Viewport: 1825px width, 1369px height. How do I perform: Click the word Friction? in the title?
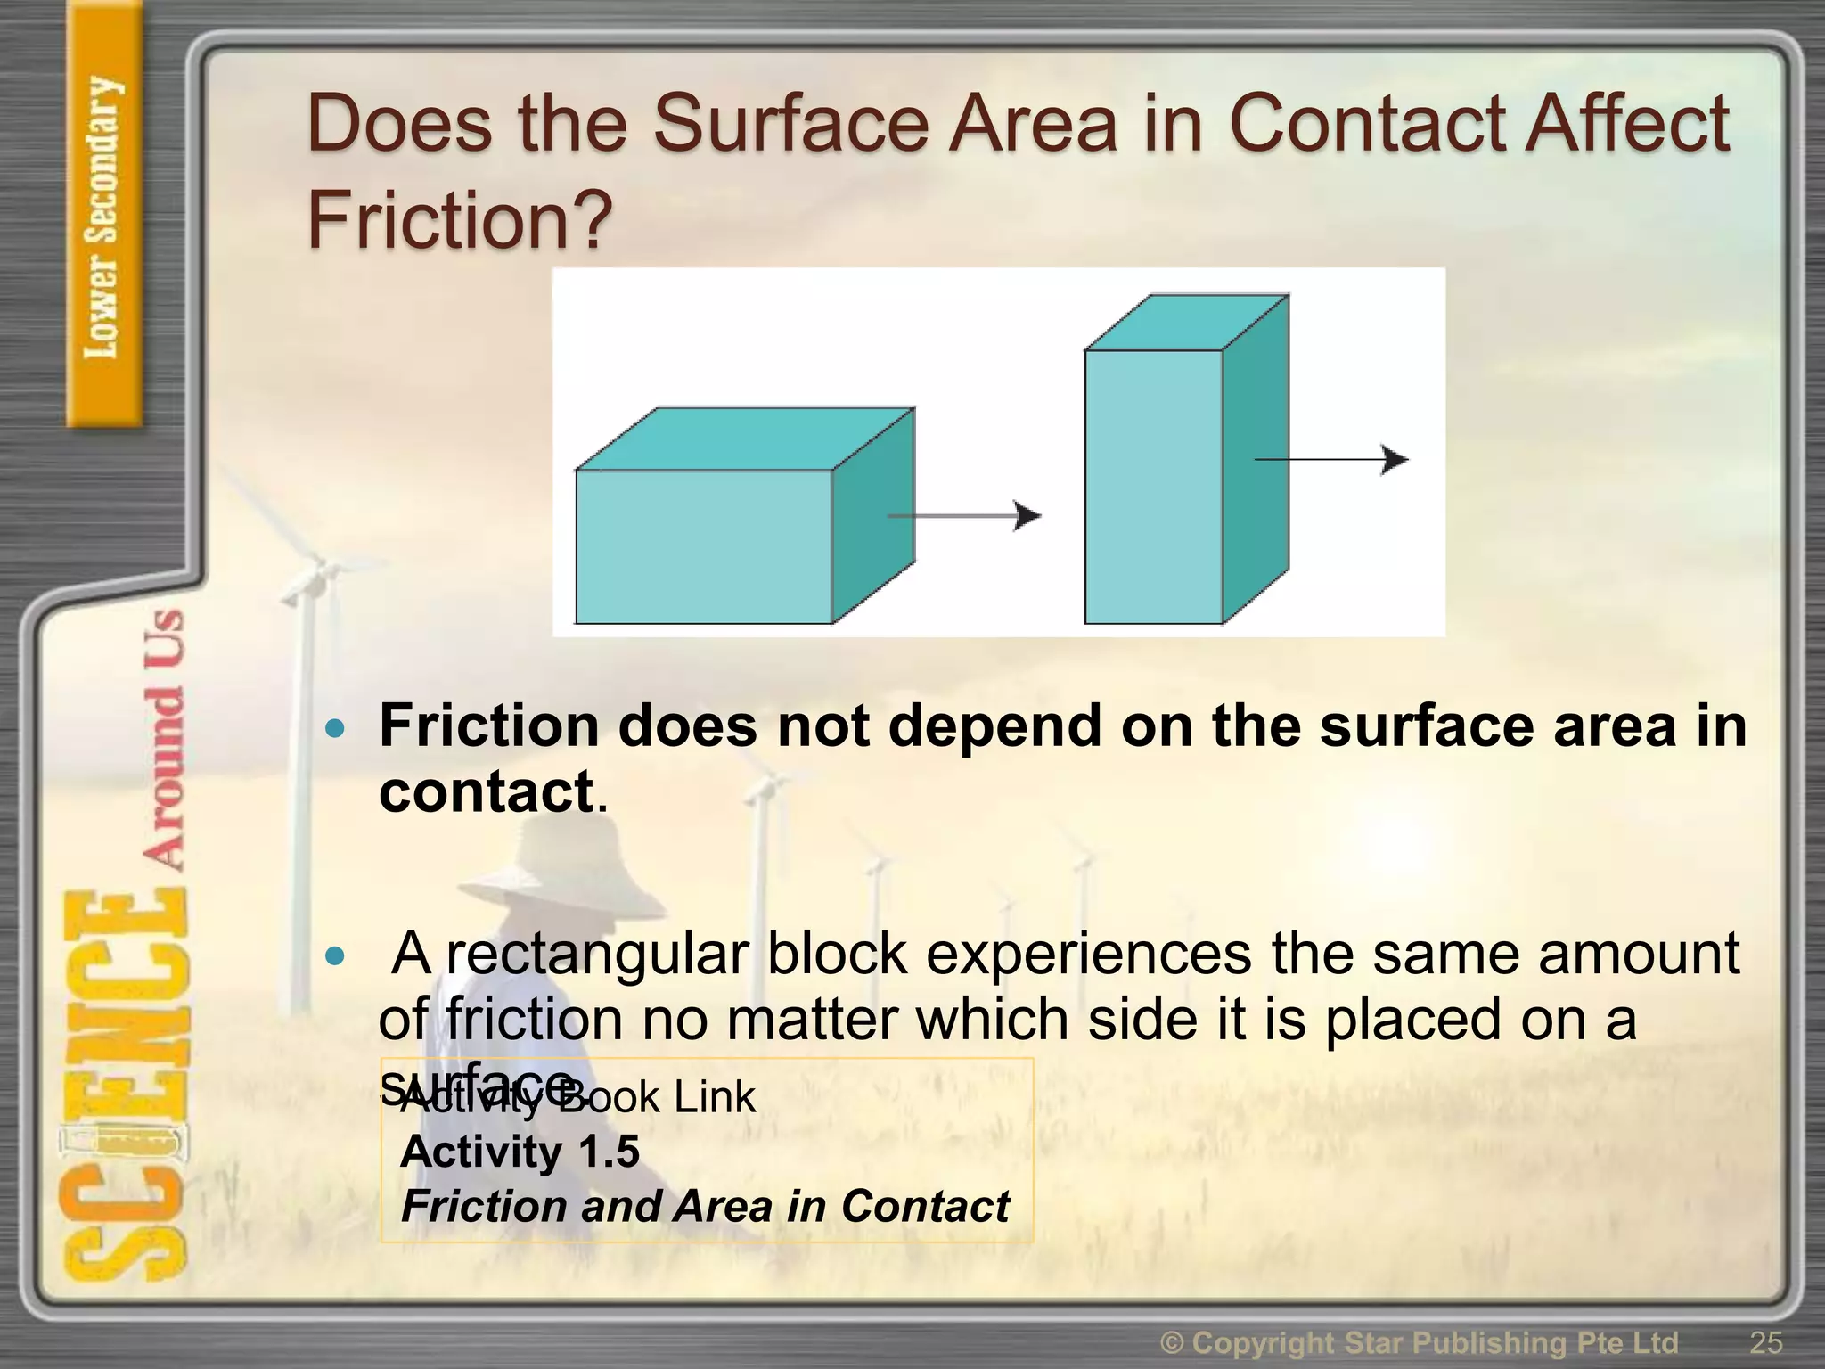[x=460, y=220]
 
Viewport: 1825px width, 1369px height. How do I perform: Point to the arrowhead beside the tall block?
[x=1395, y=459]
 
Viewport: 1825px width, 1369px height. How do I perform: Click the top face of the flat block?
[x=744, y=438]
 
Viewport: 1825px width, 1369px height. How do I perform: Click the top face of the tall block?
[x=1186, y=322]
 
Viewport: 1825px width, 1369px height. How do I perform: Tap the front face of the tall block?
[x=1153, y=486]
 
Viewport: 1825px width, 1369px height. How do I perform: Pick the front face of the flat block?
[x=703, y=545]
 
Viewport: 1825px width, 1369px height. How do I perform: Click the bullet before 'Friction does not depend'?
[x=335, y=729]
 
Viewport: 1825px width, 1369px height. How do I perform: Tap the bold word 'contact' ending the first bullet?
[x=487, y=791]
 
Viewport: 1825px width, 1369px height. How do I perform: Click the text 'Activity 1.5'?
[x=520, y=1152]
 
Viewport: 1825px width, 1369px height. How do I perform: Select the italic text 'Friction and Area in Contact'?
[x=705, y=1207]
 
